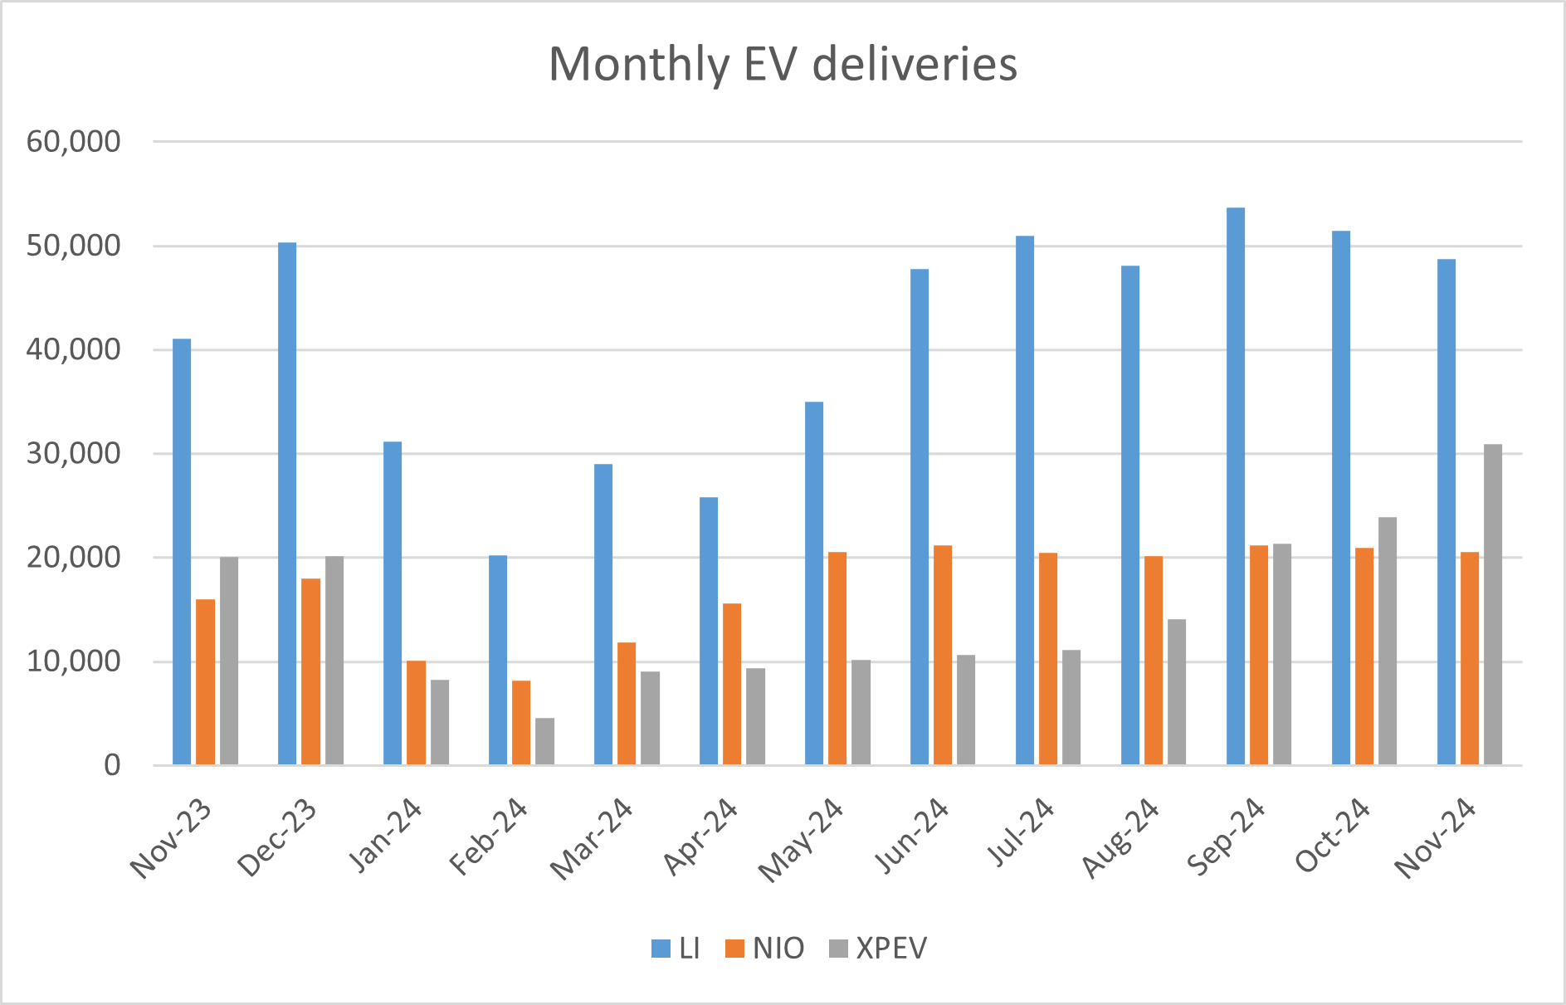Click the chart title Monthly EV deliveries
(x=783, y=64)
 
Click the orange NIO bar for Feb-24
(x=521, y=722)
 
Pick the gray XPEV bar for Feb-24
(x=544, y=741)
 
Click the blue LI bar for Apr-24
(x=709, y=631)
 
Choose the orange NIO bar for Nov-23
(x=205, y=681)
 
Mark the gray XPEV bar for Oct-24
(x=1388, y=641)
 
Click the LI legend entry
(x=676, y=949)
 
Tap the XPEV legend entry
(x=878, y=949)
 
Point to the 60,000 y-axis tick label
(x=74, y=142)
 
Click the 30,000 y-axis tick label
(x=74, y=454)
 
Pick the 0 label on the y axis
(x=112, y=765)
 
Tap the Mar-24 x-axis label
(x=592, y=839)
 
